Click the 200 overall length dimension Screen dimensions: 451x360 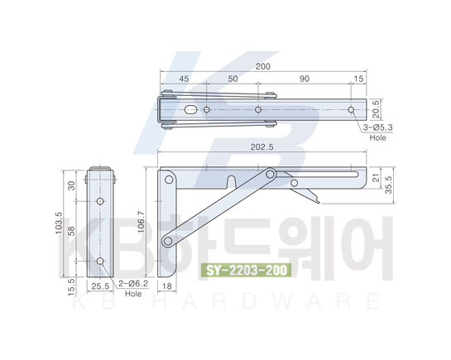263,66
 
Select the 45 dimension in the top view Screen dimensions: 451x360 184,79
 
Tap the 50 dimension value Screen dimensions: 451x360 233,79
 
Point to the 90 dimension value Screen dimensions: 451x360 305,79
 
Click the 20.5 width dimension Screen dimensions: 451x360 377,109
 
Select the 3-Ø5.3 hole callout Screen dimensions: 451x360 377,127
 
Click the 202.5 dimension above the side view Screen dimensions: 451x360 261,147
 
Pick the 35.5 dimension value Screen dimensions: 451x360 389,185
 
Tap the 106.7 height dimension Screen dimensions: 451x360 142,222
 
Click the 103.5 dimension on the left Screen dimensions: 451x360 59,223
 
